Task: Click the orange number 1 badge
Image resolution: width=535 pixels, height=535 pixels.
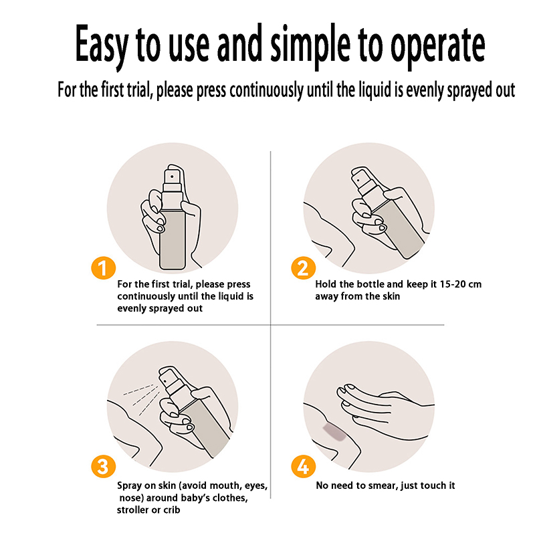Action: coord(104,268)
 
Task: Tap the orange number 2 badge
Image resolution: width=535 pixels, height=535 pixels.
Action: coord(303,268)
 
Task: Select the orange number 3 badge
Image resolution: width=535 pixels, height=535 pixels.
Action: coord(104,466)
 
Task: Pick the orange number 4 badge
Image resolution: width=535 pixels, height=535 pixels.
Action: coord(303,466)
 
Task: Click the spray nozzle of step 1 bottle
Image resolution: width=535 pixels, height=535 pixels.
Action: coord(173,177)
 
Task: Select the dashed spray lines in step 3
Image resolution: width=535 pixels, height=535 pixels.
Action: coord(142,399)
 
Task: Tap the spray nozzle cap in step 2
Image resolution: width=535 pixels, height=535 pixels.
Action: coord(360,178)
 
